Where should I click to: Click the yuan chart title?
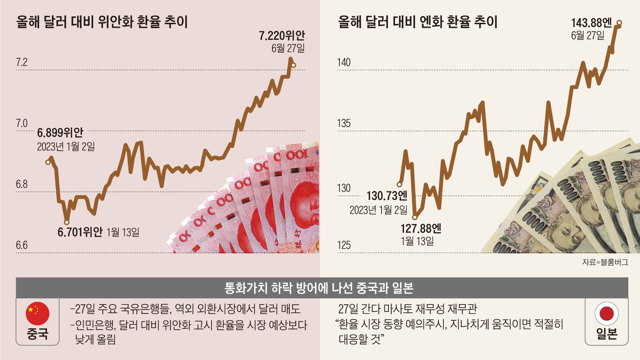[102, 22]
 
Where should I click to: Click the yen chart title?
[417, 22]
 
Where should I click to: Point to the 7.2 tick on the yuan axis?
[22, 63]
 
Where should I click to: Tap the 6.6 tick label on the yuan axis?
[22, 245]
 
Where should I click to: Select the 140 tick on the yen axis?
[344, 63]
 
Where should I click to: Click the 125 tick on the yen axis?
[344, 245]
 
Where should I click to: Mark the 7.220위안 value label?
[282, 36]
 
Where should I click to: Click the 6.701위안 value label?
[80, 232]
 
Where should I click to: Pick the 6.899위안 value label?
[60, 133]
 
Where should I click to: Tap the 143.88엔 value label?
[591, 23]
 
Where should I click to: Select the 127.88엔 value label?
[421, 228]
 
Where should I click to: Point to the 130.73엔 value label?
[387, 196]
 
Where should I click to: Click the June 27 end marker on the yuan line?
[293, 65]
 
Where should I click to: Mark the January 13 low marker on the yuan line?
[66, 223]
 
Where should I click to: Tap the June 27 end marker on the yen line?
[619, 23]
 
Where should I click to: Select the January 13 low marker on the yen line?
[415, 217]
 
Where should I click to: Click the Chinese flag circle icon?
[37, 313]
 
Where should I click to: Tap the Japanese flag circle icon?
[607, 313]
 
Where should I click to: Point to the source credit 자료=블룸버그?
[605, 262]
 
